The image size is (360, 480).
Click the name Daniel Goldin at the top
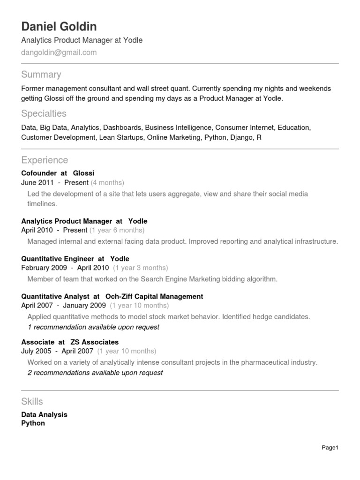tap(59, 26)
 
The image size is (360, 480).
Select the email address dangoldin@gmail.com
tap(59, 52)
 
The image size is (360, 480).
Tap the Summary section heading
tap(41, 75)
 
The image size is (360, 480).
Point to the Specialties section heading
tap(44, 113)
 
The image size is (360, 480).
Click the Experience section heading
tap(45, 160)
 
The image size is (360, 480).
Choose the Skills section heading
tap(32, 401)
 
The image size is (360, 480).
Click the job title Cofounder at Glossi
tap(58, 173)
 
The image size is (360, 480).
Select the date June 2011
tap(37, 182)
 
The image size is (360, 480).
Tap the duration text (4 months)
tap(107, 182)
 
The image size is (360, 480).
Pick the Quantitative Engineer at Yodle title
tap(75, 259)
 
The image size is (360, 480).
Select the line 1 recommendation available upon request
tap(94, 327)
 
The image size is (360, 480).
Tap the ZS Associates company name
tap(95, 342)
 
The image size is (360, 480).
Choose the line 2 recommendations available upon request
tap(96, 373)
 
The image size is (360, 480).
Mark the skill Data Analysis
tap(45, 414)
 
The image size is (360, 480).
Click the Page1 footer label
tap(330, 448)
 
